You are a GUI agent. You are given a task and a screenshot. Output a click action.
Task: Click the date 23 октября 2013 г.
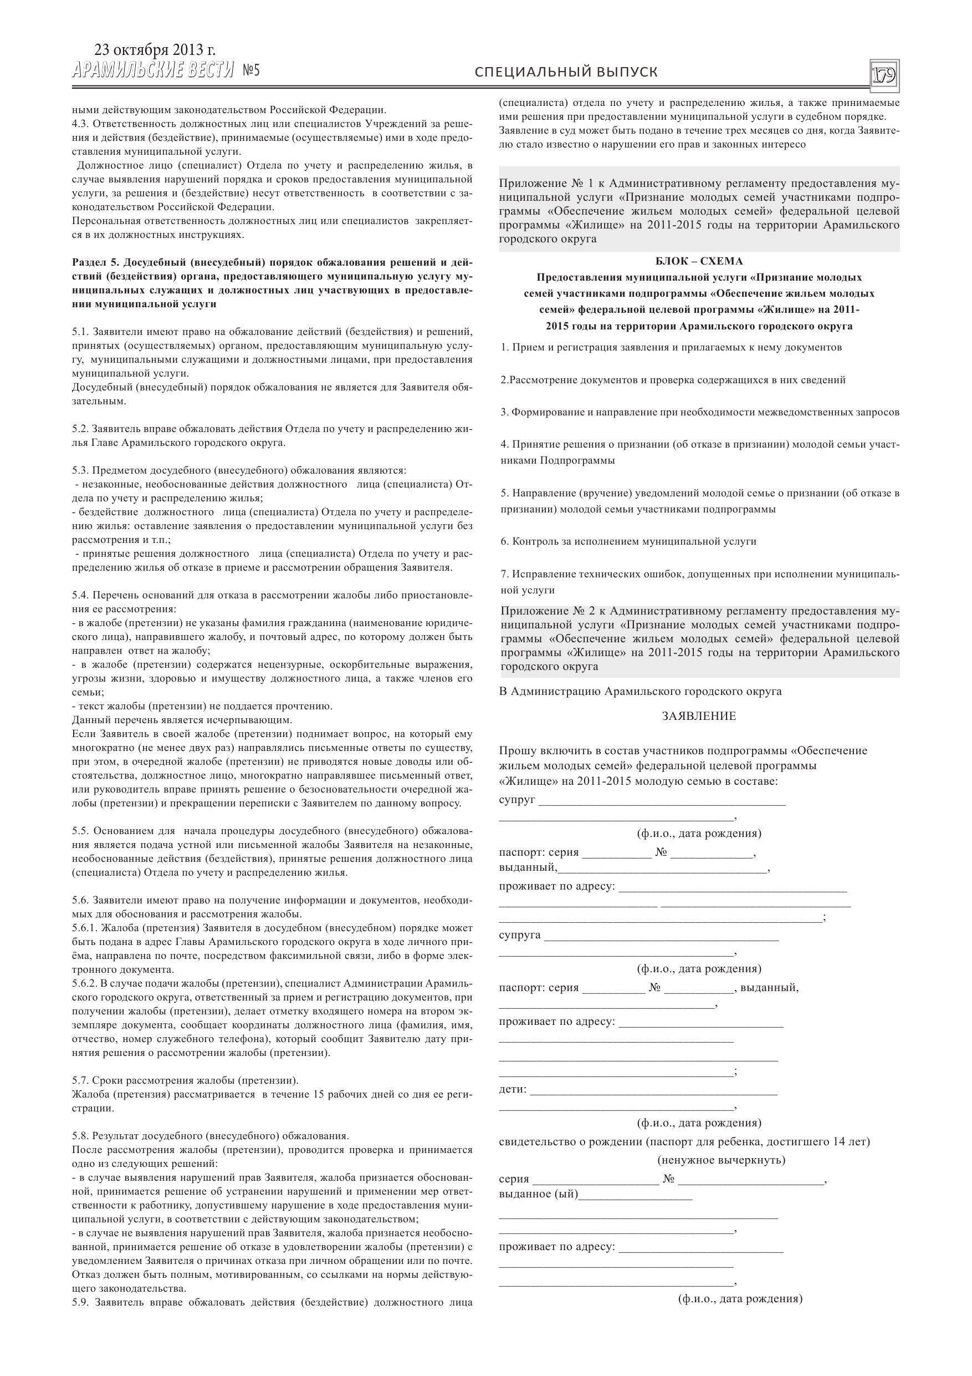[x=155, y=50]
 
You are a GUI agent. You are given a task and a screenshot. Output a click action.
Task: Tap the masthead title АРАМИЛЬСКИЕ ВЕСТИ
[x=153, y=72]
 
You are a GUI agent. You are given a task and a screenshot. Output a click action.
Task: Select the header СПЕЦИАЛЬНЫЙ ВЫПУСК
[x=566, y=73]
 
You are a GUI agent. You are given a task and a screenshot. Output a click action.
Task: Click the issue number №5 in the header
[x=252, y=72]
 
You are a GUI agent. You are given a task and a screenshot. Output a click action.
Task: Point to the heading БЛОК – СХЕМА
[x=699, y=261]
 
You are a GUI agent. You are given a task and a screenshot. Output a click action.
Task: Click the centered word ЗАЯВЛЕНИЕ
[x=699, y=716]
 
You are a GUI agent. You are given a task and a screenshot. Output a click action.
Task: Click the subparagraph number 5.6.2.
[x=84, y=983]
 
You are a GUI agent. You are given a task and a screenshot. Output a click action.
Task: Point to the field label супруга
[x=519, y=935]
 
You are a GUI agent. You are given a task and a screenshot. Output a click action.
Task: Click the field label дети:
[x=513, y=1089]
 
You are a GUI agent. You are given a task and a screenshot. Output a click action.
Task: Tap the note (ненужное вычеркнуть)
[x=721, y=1160]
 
